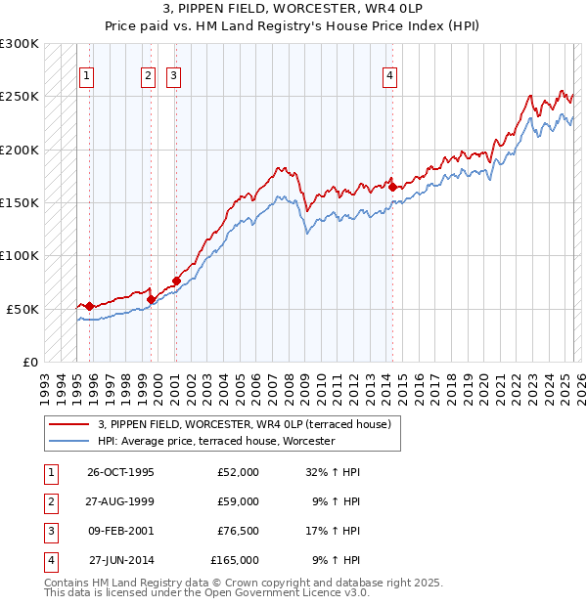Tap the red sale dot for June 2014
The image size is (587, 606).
[x=392, y=187]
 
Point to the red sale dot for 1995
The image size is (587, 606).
[x=89, y=306]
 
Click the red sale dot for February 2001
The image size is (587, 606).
[x=176, y=281]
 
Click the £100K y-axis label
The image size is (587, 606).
[x=20, y=255]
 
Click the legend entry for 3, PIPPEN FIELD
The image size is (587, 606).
[x=245, y=424]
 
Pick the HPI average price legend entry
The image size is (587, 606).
[x=216, y=441]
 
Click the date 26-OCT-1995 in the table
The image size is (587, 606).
[x=120, y=472]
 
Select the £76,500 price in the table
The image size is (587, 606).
[x=235, y=531]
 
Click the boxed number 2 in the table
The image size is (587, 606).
[x=49, y=501]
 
